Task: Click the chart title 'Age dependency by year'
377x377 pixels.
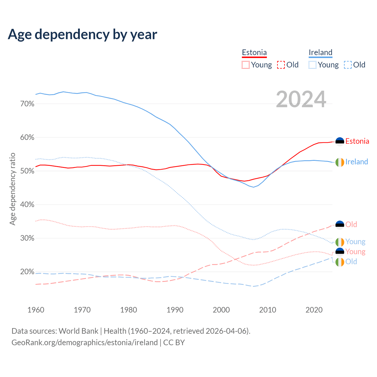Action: tap(82, 34)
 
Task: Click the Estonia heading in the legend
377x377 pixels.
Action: tap(254, 52)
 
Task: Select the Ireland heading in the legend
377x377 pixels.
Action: tap(320, 52)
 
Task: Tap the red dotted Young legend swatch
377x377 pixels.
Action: tap(245, 65)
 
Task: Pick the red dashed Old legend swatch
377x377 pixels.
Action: tap(281, 65)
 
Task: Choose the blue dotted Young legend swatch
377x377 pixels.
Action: tap(312, 65)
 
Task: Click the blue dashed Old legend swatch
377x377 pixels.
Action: tap(348, 65)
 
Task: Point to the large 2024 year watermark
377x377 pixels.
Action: tap(301, 99)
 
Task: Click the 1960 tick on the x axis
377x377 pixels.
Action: tap(36, 310)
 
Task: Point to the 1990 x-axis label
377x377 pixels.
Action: tap(175, 310)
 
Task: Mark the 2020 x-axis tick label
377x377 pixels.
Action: tap(314, 310)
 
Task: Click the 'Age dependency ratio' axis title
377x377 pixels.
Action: tap(12, 189)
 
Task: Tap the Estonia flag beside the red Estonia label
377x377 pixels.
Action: tap(340, 142)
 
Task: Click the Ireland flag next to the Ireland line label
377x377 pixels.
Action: tap(340, 162)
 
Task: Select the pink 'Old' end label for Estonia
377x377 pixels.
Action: tap(351, 224)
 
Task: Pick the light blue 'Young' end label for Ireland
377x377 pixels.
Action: tap(355, 242)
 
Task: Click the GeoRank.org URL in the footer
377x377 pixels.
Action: tap(85, 343)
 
